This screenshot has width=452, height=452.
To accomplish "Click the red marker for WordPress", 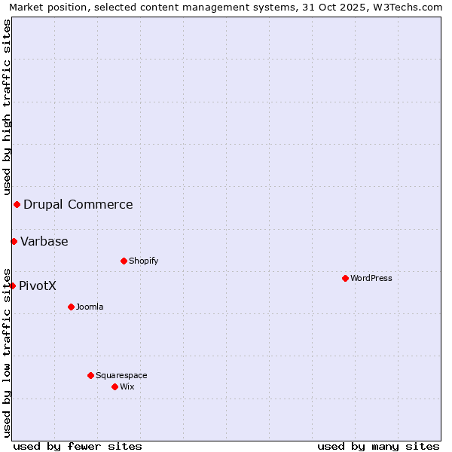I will [345, 278].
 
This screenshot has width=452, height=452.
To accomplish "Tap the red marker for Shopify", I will [124, 261].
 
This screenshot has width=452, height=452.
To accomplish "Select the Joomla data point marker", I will [71, 307].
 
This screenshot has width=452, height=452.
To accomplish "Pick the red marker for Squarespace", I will [90, 375].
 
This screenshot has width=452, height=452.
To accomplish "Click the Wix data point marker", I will [115, 386].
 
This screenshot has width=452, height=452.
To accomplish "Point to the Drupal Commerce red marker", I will [17, 204].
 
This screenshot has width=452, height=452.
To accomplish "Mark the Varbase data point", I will [14, 241].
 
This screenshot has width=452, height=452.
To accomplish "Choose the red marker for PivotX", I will [12, 286].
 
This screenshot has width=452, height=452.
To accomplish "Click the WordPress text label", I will [371, 278].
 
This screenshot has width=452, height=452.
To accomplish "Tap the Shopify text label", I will [143, 261].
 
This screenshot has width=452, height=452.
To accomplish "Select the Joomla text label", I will [90, 307].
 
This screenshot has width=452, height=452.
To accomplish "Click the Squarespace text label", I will [121, 375].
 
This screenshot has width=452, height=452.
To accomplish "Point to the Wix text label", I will [127, 386].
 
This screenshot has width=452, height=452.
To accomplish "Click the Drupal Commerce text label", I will [78, 204].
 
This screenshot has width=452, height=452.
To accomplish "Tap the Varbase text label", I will [44, 241].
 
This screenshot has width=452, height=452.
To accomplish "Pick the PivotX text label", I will [38, 286].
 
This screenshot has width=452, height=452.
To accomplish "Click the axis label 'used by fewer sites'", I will [78, 446].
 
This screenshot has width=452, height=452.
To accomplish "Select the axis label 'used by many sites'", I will [378, 446].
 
